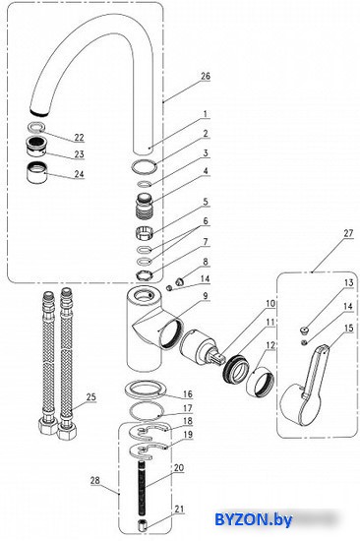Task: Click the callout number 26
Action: [x=206, y=76]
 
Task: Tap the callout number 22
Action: [x=79, y=137]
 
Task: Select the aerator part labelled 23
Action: [x=35, y=147]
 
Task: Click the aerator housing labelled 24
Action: [x=36, y=171]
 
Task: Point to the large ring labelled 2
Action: [x=144, y=167]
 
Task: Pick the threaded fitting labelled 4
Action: [x=145, y=206]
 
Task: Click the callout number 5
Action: [x=206, y=202]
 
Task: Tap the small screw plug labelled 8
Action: [x=180, y=281]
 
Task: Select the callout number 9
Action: [x=205, y=296]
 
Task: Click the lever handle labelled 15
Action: [x=304, y=385]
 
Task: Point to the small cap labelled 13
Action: [x=304, y=331]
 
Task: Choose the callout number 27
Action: [x=348, y=233]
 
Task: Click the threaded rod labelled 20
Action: [x=143, y=487]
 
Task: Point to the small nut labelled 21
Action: [x=142, y=525]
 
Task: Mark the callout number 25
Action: [x=90, y=396]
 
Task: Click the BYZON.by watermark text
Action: [x=253, y=519]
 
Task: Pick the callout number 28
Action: [x=95, y=480]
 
